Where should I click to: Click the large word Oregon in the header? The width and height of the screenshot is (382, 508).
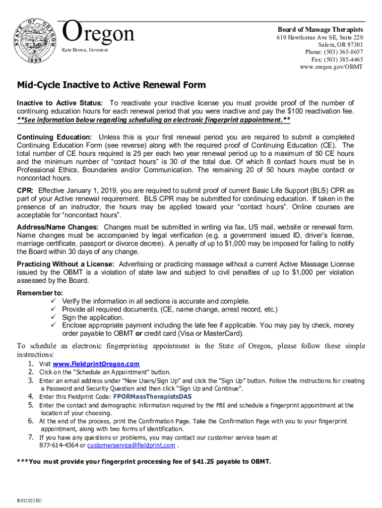tap(99, 34)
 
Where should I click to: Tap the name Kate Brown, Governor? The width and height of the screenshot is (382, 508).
tap(84, 51)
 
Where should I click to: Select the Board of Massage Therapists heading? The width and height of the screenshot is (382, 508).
tap(320, 30)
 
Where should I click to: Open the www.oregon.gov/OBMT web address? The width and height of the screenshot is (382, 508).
tap(331, 67)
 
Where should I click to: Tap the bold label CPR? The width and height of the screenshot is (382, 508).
tap(25, 190)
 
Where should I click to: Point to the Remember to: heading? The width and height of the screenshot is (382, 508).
tap(40, 293)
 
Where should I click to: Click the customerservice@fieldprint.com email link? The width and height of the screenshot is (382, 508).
tap(131, 445)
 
